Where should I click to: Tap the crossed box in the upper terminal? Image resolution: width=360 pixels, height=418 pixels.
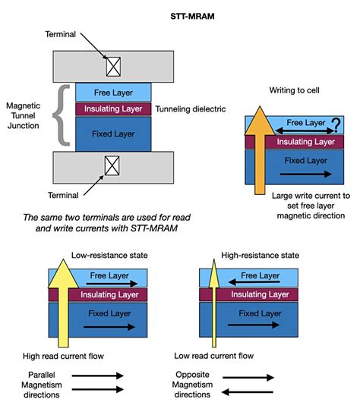coord(112,67)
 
